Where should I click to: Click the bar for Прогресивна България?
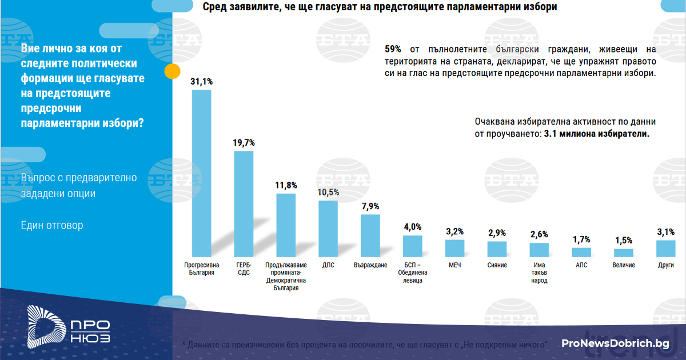201,173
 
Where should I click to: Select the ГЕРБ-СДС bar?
244,203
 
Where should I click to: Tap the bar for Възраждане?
370,235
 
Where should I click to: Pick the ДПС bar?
328,229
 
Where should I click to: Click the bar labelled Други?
665,248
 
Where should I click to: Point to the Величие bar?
623,253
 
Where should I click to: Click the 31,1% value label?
201,82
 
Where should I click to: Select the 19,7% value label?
244,143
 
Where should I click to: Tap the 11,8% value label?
286,185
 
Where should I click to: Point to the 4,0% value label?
412,227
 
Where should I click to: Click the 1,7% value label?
581,239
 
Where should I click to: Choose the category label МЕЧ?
454,265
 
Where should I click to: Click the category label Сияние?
497,265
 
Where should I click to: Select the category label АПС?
581,265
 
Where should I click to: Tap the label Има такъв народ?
539,273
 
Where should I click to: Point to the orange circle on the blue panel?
172,71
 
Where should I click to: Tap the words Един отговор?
52,225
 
